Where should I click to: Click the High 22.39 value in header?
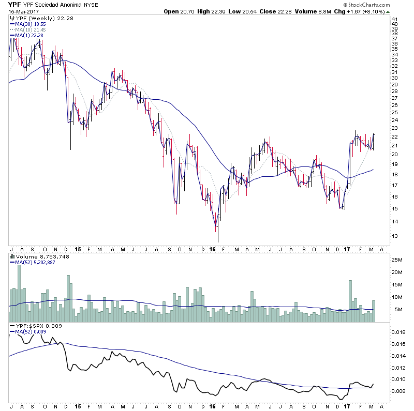coord(209,11)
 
